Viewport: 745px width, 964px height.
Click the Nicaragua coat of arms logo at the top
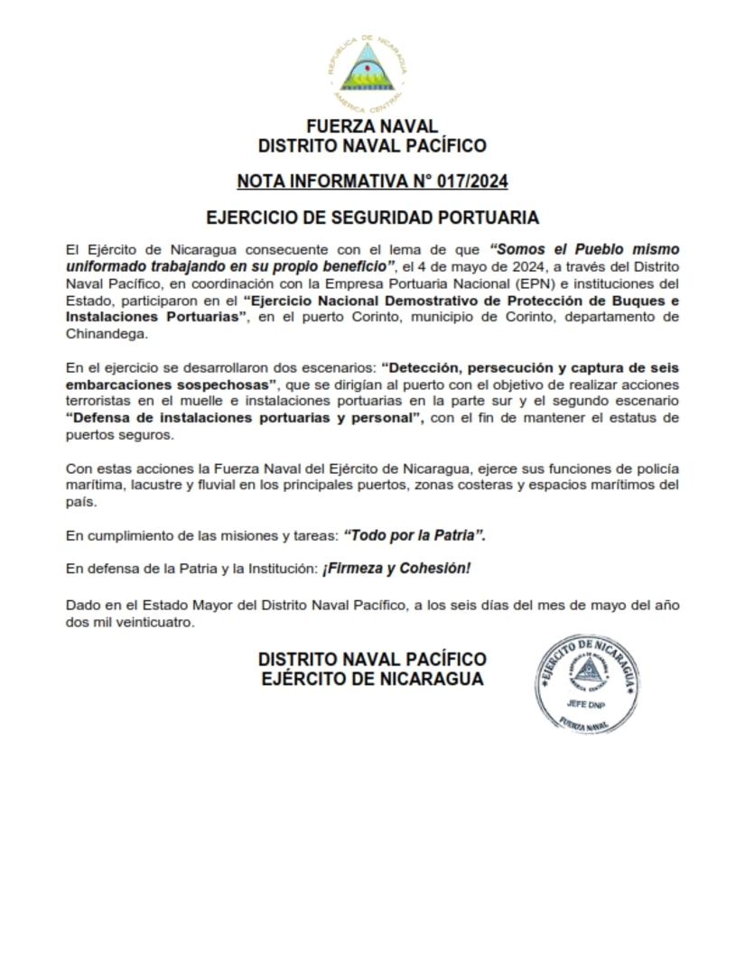(x=372, y=69)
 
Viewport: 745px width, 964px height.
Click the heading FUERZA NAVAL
(x=372, y=125)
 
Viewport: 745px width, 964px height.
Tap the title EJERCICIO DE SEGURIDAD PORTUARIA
(x=372, y=218)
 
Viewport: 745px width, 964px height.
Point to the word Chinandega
(x=104, y=334)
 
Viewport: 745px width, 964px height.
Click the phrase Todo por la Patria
(x=414, y=535)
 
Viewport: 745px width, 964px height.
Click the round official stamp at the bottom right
(x=588, y=682)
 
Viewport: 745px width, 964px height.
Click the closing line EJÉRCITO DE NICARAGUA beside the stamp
(x=371, y=680)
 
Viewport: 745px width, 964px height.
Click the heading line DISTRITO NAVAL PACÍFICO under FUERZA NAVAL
(x=372, y=145)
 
